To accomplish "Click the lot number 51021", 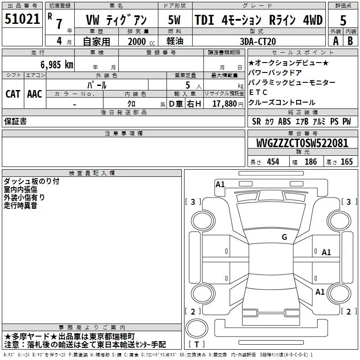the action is (x=22, y=19).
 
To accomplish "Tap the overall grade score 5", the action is (x=343, y=21).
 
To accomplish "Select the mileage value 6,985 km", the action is (x=57, y=65).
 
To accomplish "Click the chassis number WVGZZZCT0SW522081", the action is (x=302, y=143).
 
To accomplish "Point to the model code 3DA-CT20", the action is (x=257, y=41).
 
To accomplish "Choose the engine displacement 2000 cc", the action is (x=141, y=41).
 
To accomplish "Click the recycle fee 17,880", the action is (x=224, y=104).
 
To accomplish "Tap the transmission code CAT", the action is (x=13, y=94).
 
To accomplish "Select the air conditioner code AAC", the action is (x=35, y=94).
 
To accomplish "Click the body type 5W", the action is (x=174, y=20).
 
